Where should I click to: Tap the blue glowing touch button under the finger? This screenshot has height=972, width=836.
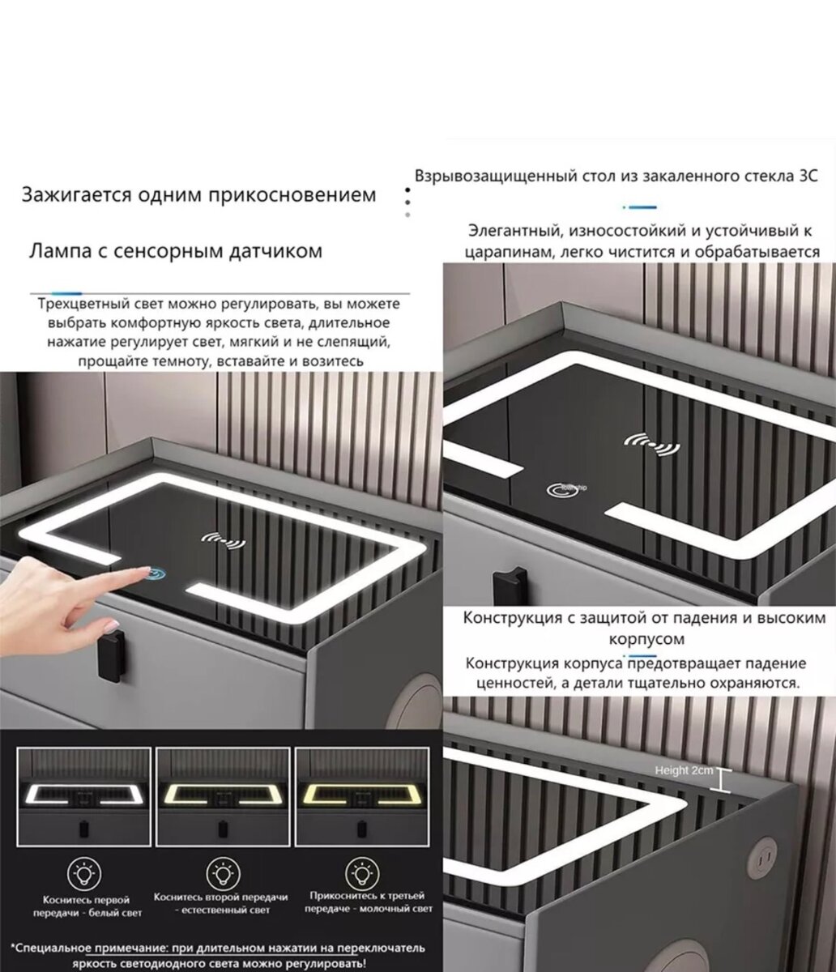tap(156, 573)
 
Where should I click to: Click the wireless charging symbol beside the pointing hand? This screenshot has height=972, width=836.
tap(224, 541)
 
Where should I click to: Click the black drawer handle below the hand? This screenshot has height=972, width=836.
tap(113, 654)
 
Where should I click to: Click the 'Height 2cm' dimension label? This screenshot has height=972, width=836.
tap(684, 771)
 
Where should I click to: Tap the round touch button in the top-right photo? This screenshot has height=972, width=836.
tap(557, 489)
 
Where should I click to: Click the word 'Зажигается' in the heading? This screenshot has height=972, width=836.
tap(76, 194)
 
